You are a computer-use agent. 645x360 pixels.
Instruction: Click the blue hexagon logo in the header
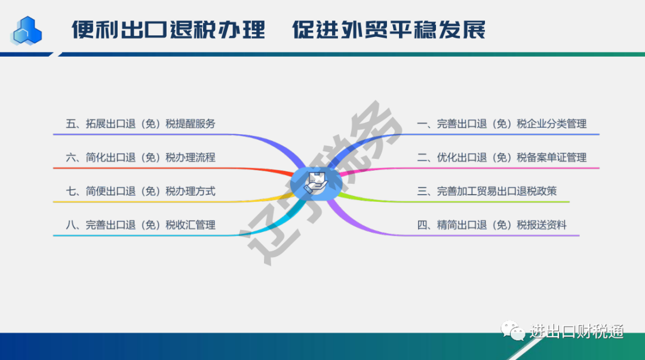[27, 31]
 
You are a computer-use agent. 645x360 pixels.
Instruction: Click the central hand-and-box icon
[316, 183]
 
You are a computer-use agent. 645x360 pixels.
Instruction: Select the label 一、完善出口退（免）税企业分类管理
[502, 124]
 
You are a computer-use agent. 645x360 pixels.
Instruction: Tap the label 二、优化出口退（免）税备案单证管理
[502, 158]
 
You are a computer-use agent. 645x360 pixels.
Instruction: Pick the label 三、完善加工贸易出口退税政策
[487, 191]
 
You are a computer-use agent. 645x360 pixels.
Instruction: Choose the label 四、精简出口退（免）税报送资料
[492, 225]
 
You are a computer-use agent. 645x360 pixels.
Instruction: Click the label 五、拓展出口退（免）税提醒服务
[141, 124]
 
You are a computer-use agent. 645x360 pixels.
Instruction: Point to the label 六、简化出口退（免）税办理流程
[141, 158]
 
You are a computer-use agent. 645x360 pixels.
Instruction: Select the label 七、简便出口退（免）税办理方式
[141, 191]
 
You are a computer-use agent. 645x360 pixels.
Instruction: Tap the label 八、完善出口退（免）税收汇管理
[141, 225]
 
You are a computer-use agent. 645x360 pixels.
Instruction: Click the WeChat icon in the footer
[512, 330]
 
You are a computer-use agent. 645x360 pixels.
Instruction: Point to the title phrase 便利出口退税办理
[168, 30]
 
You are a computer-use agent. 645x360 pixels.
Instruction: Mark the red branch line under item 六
[173, 168]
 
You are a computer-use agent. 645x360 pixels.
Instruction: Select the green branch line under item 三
[453, 202]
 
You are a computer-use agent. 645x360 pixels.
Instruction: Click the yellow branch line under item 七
[173, 202]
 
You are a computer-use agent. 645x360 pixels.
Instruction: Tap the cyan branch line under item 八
[173, 235]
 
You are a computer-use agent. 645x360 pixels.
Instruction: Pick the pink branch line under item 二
[469, 168]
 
